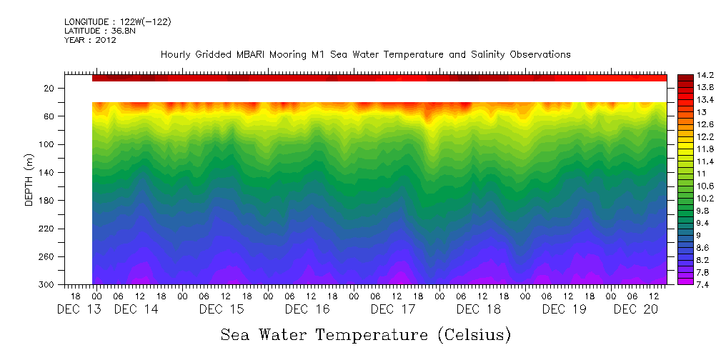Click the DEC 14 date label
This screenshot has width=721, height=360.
pyautogui.click(x=136, y=309)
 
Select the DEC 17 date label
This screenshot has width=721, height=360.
pyautogui.click(x=393, y=309)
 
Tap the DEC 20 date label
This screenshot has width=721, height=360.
pyautogui.click(x=636, y=309)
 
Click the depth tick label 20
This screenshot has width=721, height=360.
pyautogui.click(x=50, y=88)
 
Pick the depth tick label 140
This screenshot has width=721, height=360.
pyautogui.click(x=48, y=172)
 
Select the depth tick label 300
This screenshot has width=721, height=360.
pyautogui.click(x=48, y=284)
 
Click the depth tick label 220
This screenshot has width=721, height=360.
pyautogui.click(x=48, y=229)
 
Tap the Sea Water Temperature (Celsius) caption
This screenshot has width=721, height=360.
pyautogui.click(x=366, y=334)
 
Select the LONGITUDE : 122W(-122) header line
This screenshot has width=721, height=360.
pyautogui.click(x=117, y=22)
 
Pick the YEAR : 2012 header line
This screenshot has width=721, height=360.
pyautogui.click(x=90, y=40)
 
